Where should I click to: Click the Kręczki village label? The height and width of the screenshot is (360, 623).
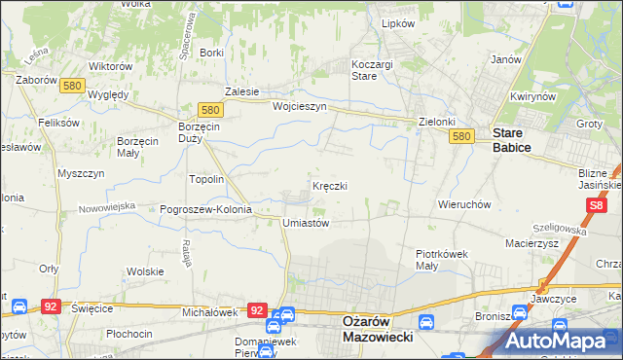[x=329, y=185]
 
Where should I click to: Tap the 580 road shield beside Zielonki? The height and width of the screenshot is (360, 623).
[x=462, y=138]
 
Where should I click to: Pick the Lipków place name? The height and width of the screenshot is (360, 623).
[x=398, y=22]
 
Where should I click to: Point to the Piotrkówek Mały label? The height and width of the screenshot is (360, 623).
[x=442, y=259]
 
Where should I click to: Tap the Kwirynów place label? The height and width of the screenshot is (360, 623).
[x=531, y=97]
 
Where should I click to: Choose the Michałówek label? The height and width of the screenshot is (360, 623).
[x=210, y=312]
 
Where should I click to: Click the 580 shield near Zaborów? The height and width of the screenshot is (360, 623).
[x=70, y=86]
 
